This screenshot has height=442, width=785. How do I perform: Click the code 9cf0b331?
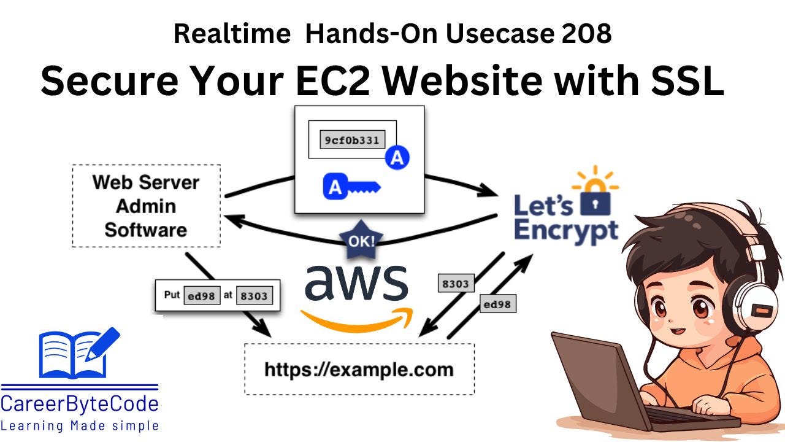coord(352,140)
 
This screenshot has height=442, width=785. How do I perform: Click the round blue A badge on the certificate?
coord(397,158)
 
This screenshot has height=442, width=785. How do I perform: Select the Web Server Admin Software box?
coord(146,206)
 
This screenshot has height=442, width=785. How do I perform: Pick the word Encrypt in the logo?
coord(565,231)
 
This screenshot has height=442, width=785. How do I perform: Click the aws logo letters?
coord(356,283)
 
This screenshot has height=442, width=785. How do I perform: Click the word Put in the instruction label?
coord(172,295)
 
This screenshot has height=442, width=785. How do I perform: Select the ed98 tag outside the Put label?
coord(497,304)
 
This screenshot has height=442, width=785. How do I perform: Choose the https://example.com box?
coord(359,370)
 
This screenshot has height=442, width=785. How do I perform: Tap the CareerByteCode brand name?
coord(80,404)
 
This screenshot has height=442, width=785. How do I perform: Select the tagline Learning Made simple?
coord(80,425)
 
